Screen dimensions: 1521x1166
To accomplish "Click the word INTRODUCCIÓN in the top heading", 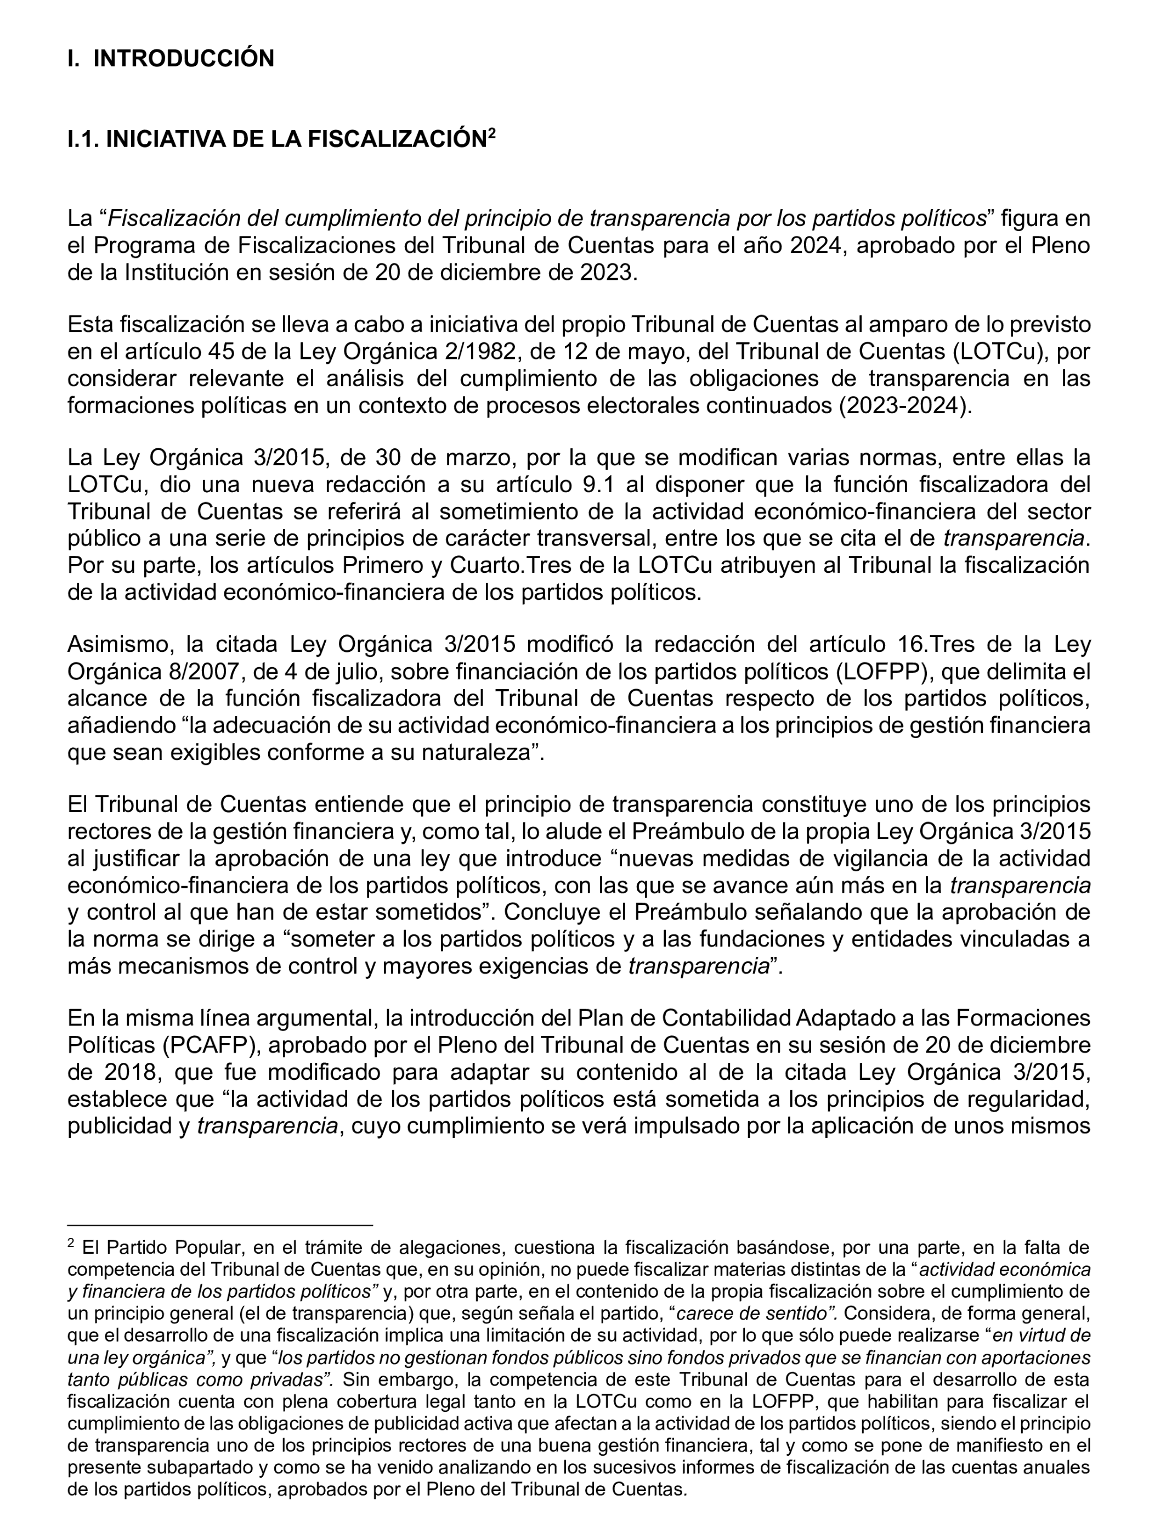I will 184,58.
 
